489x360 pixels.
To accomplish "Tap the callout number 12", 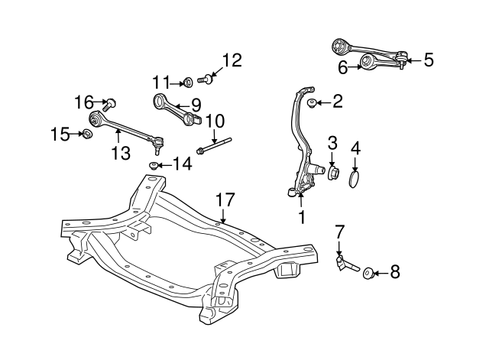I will point(231,60).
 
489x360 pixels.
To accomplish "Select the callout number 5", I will point(428,59).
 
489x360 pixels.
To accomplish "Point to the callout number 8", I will point(394,271).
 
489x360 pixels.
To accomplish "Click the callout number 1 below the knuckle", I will point(301,218).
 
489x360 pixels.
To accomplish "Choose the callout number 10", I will point(215,121).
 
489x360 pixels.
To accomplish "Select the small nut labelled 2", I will point(313,102).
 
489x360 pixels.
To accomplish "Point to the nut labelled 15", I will point(87,135).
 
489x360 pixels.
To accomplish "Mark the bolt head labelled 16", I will point(112,103).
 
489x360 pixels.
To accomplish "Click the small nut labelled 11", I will point(188,81).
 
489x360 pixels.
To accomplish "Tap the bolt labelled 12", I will point(205,77).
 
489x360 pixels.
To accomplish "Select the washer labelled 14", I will point(155,165).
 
